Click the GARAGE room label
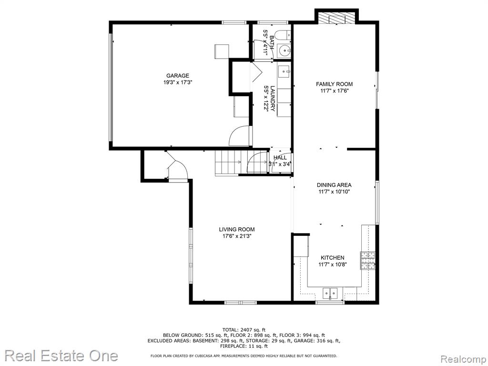[x=178, y=76]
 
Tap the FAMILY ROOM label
[x=334, y=84]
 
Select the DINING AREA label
[x=334, y=185]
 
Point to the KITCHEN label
[x=332, y=258]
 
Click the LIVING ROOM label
[x=237, y=229]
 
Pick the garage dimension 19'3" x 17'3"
[x=178, y=82]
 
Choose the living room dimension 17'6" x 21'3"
[x=237, y=236]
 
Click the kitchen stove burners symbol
[x=368, y=260]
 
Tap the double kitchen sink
[x=330, y=293]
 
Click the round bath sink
[x=285, y=50]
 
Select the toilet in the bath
[x=283, y=35]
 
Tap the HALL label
[x=280, y=158]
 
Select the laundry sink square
[x=284, y=72]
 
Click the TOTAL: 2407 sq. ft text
[x=244, y=330]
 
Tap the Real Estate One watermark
[x=61, y=356]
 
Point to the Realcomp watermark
[x=463, y=359]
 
